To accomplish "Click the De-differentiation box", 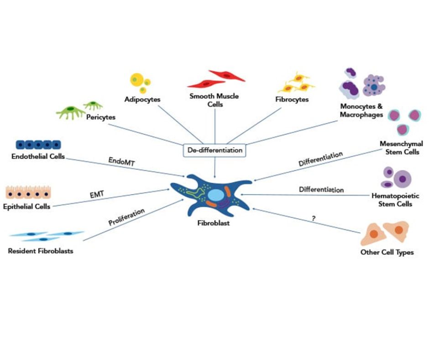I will coord(214,149).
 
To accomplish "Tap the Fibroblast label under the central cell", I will coord(211,223).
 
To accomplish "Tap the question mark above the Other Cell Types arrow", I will coord(314,218).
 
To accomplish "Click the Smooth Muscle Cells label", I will coord(214,100).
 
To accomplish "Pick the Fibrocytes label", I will coord(292,99).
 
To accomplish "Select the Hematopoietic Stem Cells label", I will coord(395,200).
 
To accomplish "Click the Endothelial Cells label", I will coord(38,157).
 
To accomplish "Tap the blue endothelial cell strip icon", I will coord(38,144).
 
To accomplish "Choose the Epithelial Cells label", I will coord(26,206).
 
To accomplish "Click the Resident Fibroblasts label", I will coord(41,251).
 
